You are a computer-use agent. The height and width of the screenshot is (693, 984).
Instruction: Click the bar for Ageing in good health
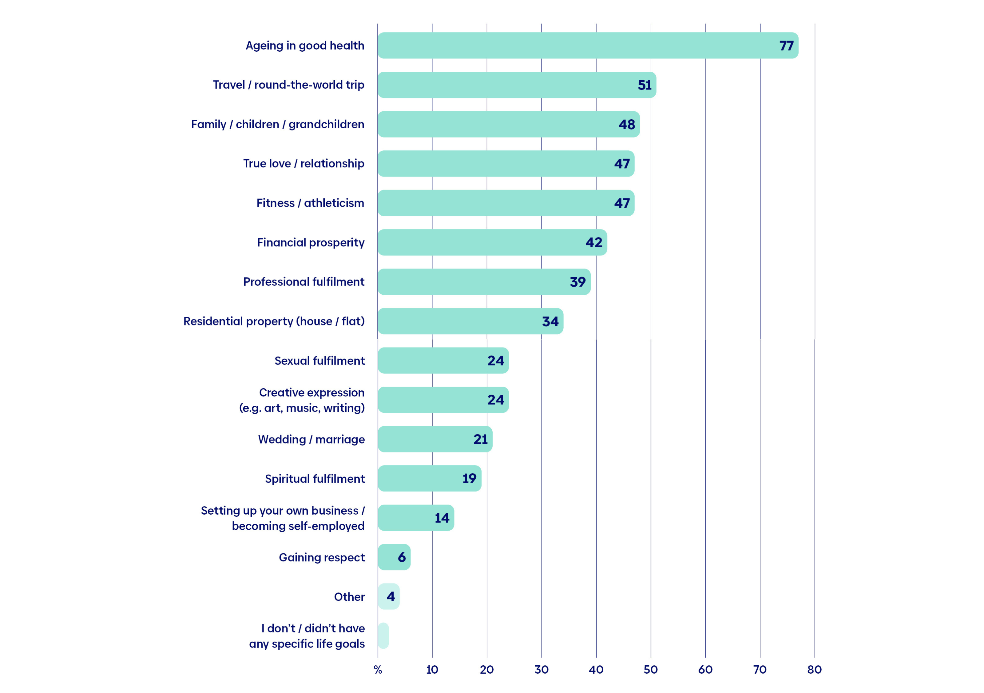(588, 46)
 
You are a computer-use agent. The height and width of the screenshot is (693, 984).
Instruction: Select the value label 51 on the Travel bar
(645, 85)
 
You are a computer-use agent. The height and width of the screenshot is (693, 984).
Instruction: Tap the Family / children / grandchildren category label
(278, 124)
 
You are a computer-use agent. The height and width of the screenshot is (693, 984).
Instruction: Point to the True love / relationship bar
(506, 164)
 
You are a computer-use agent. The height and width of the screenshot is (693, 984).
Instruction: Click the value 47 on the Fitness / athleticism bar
(622, 203)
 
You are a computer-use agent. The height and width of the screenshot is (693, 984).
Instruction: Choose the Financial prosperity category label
(311, 243)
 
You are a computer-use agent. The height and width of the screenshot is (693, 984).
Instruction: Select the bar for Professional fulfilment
(484, 282)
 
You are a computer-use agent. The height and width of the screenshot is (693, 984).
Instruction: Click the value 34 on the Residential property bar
(550, 321)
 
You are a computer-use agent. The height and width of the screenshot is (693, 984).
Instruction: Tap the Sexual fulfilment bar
(443, 360)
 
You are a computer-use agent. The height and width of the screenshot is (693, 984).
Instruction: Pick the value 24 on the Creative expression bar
(495, 400)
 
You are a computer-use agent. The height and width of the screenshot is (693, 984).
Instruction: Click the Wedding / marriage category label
(311, 439)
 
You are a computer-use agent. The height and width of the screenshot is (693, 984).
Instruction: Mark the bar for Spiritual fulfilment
(430, 478)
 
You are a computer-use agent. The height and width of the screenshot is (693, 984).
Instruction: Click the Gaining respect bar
(394, 557)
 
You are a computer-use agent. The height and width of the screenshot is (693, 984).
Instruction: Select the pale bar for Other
(389, 597)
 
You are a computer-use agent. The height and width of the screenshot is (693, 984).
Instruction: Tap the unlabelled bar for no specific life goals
(383, 635)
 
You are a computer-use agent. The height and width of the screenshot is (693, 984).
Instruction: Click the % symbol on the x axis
(378, 670)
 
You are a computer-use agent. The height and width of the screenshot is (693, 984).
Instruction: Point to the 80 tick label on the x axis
(815, 670)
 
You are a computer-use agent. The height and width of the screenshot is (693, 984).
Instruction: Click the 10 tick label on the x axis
(432, 670)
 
